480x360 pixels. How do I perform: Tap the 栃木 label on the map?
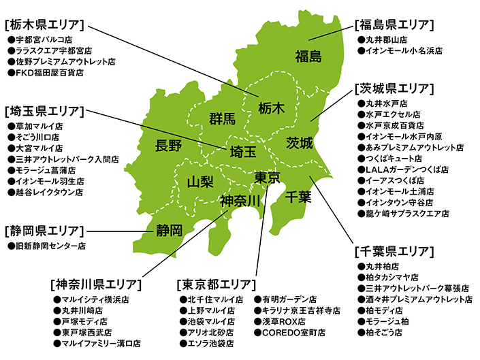coord(272,108)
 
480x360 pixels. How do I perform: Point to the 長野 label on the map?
coord(168,145)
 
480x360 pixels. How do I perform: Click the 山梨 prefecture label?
coord(200,182)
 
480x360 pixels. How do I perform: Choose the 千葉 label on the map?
coord(298,197)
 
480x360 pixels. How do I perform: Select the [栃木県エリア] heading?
coord(44,25)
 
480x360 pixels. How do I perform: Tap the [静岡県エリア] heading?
coord(44,230)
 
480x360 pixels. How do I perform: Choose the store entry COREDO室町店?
coord(289,332)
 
